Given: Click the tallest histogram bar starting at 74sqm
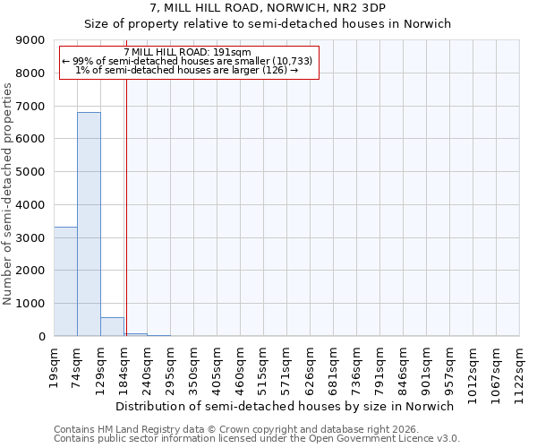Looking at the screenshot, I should pos(89,224).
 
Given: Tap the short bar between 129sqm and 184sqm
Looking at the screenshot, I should pos(112,327).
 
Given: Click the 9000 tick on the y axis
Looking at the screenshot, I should pos(31,40).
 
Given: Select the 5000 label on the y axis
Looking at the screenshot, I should pos(31,172).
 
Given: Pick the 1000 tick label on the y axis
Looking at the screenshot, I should pos(31,304).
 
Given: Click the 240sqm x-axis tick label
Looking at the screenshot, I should pos(148,363).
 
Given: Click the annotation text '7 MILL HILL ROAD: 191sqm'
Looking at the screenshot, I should pos(187,52).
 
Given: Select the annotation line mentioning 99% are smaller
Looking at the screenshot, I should pos(187,61).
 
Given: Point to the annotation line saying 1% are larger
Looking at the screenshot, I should pos(187,70).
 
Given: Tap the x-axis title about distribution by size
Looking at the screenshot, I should pos(286,406).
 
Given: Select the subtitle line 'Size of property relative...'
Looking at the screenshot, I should pos(268,24).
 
